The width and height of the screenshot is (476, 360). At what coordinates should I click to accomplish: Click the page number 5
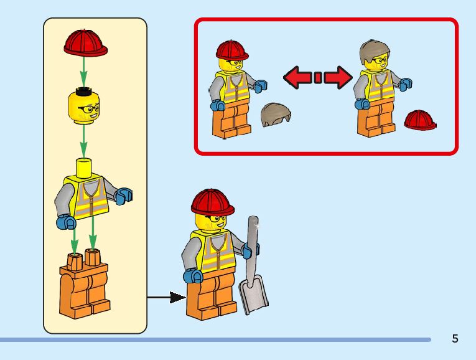455,339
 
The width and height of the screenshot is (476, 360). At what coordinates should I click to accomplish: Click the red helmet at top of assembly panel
86,42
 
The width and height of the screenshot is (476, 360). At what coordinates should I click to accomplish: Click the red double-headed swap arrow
317,77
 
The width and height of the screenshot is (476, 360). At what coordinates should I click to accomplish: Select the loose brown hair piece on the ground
276,114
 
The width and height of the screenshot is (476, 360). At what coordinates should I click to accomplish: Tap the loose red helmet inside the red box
420,120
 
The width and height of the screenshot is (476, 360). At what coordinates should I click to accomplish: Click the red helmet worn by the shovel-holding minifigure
212,201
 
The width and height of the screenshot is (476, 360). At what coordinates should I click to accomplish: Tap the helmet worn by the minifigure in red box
232,49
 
